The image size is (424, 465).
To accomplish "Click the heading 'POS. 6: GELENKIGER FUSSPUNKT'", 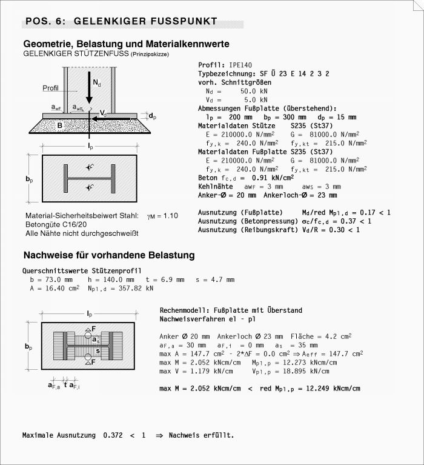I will pos(121,21).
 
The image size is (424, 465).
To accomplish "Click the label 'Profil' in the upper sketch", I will pos(50,88).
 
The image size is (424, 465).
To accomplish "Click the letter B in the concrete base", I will pos(60,125).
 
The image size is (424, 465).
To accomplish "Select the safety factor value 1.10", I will pos(170,215).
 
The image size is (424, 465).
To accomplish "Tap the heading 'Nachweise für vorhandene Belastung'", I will pos(108,255).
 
